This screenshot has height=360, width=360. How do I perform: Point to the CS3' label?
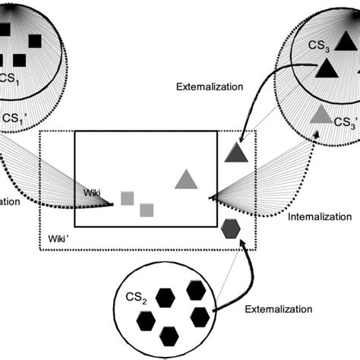click(x=345, y=122)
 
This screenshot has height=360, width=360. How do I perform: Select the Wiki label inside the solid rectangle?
click(x=92, y=194)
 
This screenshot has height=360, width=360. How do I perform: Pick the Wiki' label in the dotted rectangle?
click(x=60, y=237)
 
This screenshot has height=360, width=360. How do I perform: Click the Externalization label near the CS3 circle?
click(x=210, y=87)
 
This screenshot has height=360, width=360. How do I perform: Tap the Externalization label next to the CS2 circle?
click(x=279, y=309)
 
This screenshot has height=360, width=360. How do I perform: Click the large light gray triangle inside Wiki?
click(x=186, y=179)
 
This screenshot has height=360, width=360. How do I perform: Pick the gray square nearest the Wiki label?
click(x=128, y=199)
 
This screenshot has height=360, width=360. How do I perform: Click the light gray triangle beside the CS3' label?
click(x=321, y=115)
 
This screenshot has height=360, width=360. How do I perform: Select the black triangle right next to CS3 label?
click(x=324, y=69)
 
